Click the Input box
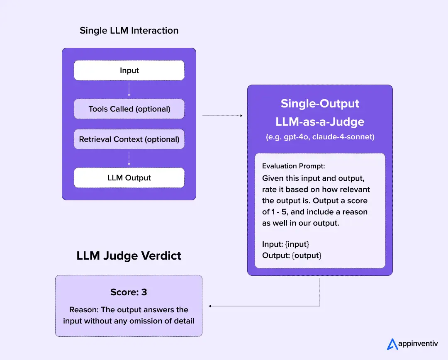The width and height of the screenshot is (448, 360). (x=129, y=71)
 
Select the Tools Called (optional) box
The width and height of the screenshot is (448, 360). (x=129, y=109)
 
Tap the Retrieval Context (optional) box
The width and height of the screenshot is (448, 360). (x=129, y=139)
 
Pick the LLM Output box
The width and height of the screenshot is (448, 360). (x=129, y=178)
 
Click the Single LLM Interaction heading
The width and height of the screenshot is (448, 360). (x=129, y=31)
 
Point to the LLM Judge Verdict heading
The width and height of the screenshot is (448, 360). (x=129, y=255)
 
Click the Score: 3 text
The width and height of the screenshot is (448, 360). (x=129, y=292)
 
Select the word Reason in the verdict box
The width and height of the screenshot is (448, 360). (x=81, y=310)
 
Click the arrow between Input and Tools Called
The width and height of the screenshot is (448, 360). (x=129, y=90)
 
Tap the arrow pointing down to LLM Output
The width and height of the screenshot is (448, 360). (x=129, y=158)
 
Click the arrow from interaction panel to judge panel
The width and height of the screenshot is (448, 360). (x=222, y=116)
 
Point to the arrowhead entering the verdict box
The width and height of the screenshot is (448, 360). (x=210, y=306)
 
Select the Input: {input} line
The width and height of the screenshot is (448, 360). (x=285, y=244)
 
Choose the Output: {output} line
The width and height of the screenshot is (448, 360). (x=292, y=255)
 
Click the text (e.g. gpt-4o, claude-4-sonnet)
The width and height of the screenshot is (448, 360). (x=320, y=137)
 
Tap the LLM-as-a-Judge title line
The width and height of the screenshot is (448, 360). (x=320, y=122)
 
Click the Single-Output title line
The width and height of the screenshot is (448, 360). (x=320, y=103)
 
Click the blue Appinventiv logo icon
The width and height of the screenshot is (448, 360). (x=392, y=344)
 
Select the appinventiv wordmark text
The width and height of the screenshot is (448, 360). (x=418, y=344)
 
